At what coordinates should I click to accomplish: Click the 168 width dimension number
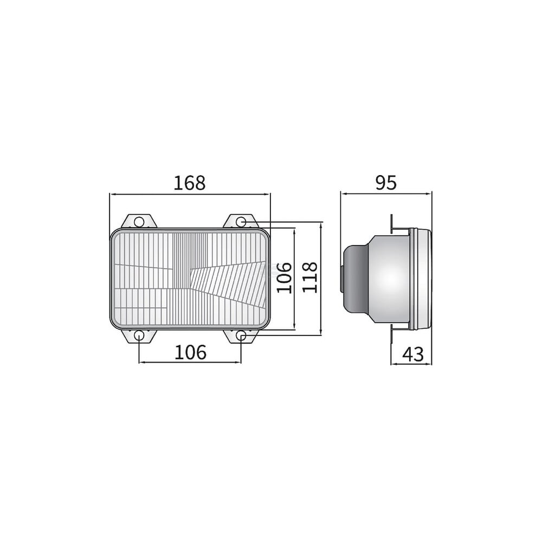pyautogui.click(x=189, y=183)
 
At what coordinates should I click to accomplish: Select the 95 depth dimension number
pyautogui.click(x=386, y=183)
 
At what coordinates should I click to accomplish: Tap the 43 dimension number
pyautogui.click(x=413, y=354)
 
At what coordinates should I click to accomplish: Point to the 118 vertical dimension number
pyautogui.click(x=309, y=277)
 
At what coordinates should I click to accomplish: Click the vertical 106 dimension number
pyautogui.click(x=284, y=278)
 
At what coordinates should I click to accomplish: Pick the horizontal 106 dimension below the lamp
pyautogui.click(x=190, y=352)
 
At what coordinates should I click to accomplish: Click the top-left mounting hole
pyautogui.click(x=139, y=221)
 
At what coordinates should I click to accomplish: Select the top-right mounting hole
pyautogui.click(x=241, y=221)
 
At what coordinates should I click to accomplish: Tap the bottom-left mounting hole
pyautogui.click(x=139, y=335)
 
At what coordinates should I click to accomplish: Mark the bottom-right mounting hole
pyautogui.click(x=241, y=335)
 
